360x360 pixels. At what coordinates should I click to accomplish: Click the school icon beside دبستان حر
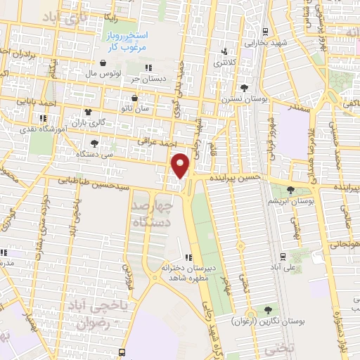pos(148,68)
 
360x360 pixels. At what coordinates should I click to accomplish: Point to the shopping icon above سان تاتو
pos(134,98)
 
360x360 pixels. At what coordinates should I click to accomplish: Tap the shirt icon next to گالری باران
pos(88,111)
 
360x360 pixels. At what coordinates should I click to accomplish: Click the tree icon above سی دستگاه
pos(94,143)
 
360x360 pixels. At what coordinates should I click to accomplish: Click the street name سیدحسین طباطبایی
pos(98,182)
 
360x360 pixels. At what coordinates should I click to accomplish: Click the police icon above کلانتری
pos(224,51)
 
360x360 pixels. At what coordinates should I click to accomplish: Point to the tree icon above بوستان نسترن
pos(244,88)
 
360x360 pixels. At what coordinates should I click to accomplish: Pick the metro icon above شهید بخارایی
pos(264,32)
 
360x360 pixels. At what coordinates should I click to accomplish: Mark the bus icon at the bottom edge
pos(123,352)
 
